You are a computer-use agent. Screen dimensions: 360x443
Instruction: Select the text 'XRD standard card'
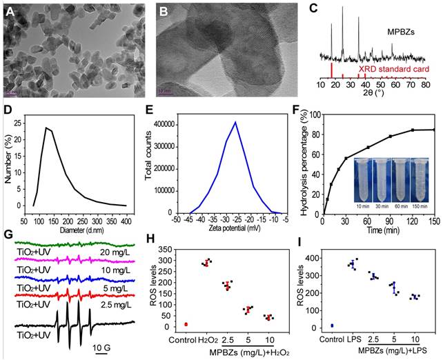tap(393, 70)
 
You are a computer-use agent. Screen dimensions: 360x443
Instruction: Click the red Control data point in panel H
tap(186, 323)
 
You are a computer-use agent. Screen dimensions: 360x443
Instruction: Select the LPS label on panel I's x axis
tap(355, 338)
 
